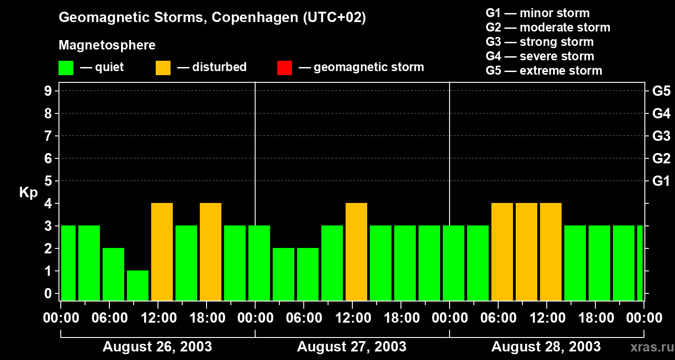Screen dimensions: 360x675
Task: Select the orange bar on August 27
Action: (x=356, y=252)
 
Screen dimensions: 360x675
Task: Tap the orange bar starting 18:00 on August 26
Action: (x=211, y=252)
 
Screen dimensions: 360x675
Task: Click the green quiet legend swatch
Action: (x=66, y=68)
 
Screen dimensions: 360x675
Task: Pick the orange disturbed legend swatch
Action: (x=163, y=68)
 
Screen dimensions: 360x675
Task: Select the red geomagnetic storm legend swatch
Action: (x=284, y=68)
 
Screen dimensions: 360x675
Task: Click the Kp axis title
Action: (x=28, y=193)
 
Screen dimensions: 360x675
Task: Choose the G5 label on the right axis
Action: (x=661, y=91)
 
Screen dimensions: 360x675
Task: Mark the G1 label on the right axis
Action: (x=661, y=181)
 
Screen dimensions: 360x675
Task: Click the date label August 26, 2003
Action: (x=157, y=347)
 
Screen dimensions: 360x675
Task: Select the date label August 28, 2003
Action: (x=546, y=347)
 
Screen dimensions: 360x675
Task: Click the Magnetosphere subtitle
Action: (x=107, y=45)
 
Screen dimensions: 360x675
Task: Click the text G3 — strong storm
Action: (x=540, y=42)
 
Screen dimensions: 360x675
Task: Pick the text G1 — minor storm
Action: (x=537, y=13)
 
